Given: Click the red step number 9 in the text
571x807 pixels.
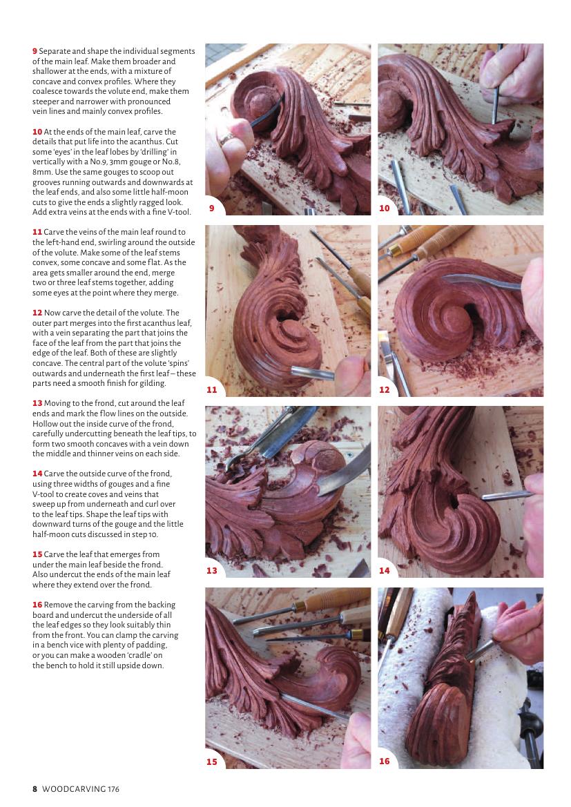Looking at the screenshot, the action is point(35,52).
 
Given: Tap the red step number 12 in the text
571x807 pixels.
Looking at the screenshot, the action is point(37,313).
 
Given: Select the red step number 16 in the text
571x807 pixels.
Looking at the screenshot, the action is point(37,605).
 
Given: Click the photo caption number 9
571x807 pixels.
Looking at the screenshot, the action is point(211,208).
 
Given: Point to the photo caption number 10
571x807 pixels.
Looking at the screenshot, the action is point(384,208).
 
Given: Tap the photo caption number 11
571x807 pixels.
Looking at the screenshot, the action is point(211,390).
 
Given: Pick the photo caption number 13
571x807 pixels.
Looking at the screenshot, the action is point(211,571).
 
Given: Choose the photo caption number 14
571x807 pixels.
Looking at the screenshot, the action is point(384,571).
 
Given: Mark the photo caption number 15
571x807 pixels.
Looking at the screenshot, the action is point(211,761).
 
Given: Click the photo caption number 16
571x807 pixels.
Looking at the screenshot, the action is point(384,761).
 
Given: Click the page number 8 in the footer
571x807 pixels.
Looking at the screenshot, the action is point(35,789).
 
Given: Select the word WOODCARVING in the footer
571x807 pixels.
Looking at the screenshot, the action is point(74,789).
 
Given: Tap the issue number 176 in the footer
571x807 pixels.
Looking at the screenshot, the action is point(113,789).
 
